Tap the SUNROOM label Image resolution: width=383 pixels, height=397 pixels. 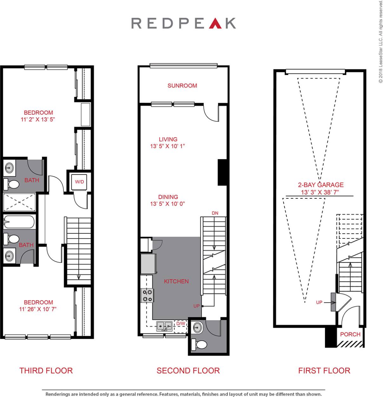pos(182,86)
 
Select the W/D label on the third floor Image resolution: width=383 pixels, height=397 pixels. pos(79,182)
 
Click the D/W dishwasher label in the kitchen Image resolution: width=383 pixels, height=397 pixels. pos(181,324)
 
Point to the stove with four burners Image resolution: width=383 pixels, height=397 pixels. pos(147,295)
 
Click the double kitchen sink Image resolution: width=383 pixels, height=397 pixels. pos(164,326)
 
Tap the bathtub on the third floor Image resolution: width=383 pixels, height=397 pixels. pos(19,222)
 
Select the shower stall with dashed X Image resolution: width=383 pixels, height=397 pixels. pos(19,202)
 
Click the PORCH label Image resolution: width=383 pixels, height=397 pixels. pos(350,334)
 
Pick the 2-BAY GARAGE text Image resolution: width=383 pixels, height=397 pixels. pos(320,185)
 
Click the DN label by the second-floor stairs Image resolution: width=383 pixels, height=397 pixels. pos(215,213)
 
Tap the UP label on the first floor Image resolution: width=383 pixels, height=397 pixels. pos(319,302)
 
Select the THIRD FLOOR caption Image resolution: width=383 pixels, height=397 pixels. pos(46,370)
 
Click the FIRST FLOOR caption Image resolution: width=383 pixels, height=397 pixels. pos(324,370)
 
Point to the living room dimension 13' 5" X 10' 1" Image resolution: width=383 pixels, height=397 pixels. pos(167,146)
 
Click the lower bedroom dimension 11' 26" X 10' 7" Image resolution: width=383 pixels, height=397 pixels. pos(38,309)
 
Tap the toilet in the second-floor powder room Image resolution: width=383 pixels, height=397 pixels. pos(201,344)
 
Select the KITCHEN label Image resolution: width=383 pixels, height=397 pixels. pos(176,281)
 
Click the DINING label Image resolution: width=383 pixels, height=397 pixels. pos(168,197)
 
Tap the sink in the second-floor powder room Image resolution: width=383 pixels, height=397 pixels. pos(198,327)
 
